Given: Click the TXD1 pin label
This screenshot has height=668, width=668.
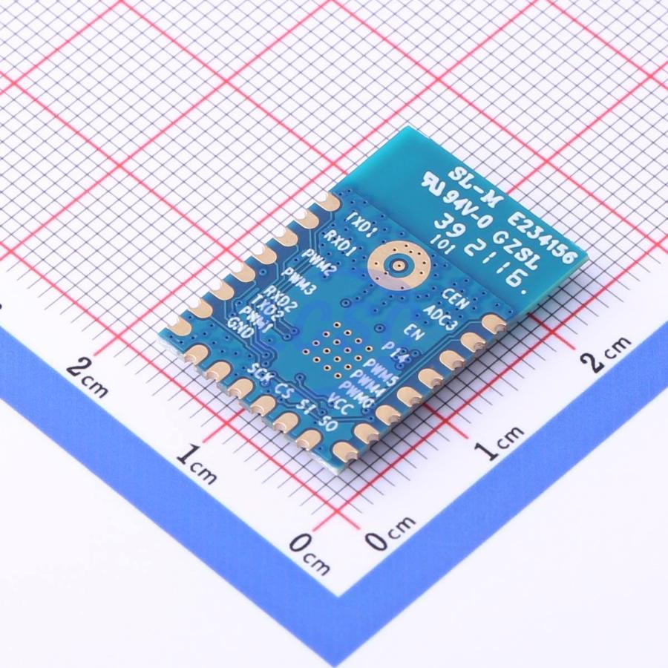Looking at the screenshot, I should click(x=364, y=220).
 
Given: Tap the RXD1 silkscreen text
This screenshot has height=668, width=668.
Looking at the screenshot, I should click(x=340, y=240).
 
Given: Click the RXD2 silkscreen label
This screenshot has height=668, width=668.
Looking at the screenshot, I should click(x=281, y=298).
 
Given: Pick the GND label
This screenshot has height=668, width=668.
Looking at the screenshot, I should click(x=242, y=327).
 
